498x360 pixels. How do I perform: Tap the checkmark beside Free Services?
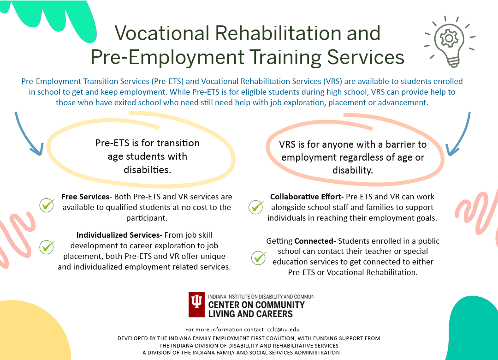[x=47, y=204]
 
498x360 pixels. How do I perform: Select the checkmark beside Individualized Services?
[x=47, y=246]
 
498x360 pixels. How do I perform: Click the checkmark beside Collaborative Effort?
[x=256, y=207]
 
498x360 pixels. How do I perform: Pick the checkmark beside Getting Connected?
[x=259, y=258]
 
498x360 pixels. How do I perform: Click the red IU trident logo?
[x=196, y=304]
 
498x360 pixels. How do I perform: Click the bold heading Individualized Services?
[x=119, y=235]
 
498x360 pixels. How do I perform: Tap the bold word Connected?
[x=314, y=241]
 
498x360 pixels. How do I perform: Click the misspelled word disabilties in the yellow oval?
[x=148, y=169]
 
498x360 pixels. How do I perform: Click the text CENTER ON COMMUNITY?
[x=256, y=305]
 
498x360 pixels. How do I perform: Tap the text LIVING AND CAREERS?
[x=250, y=314]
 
